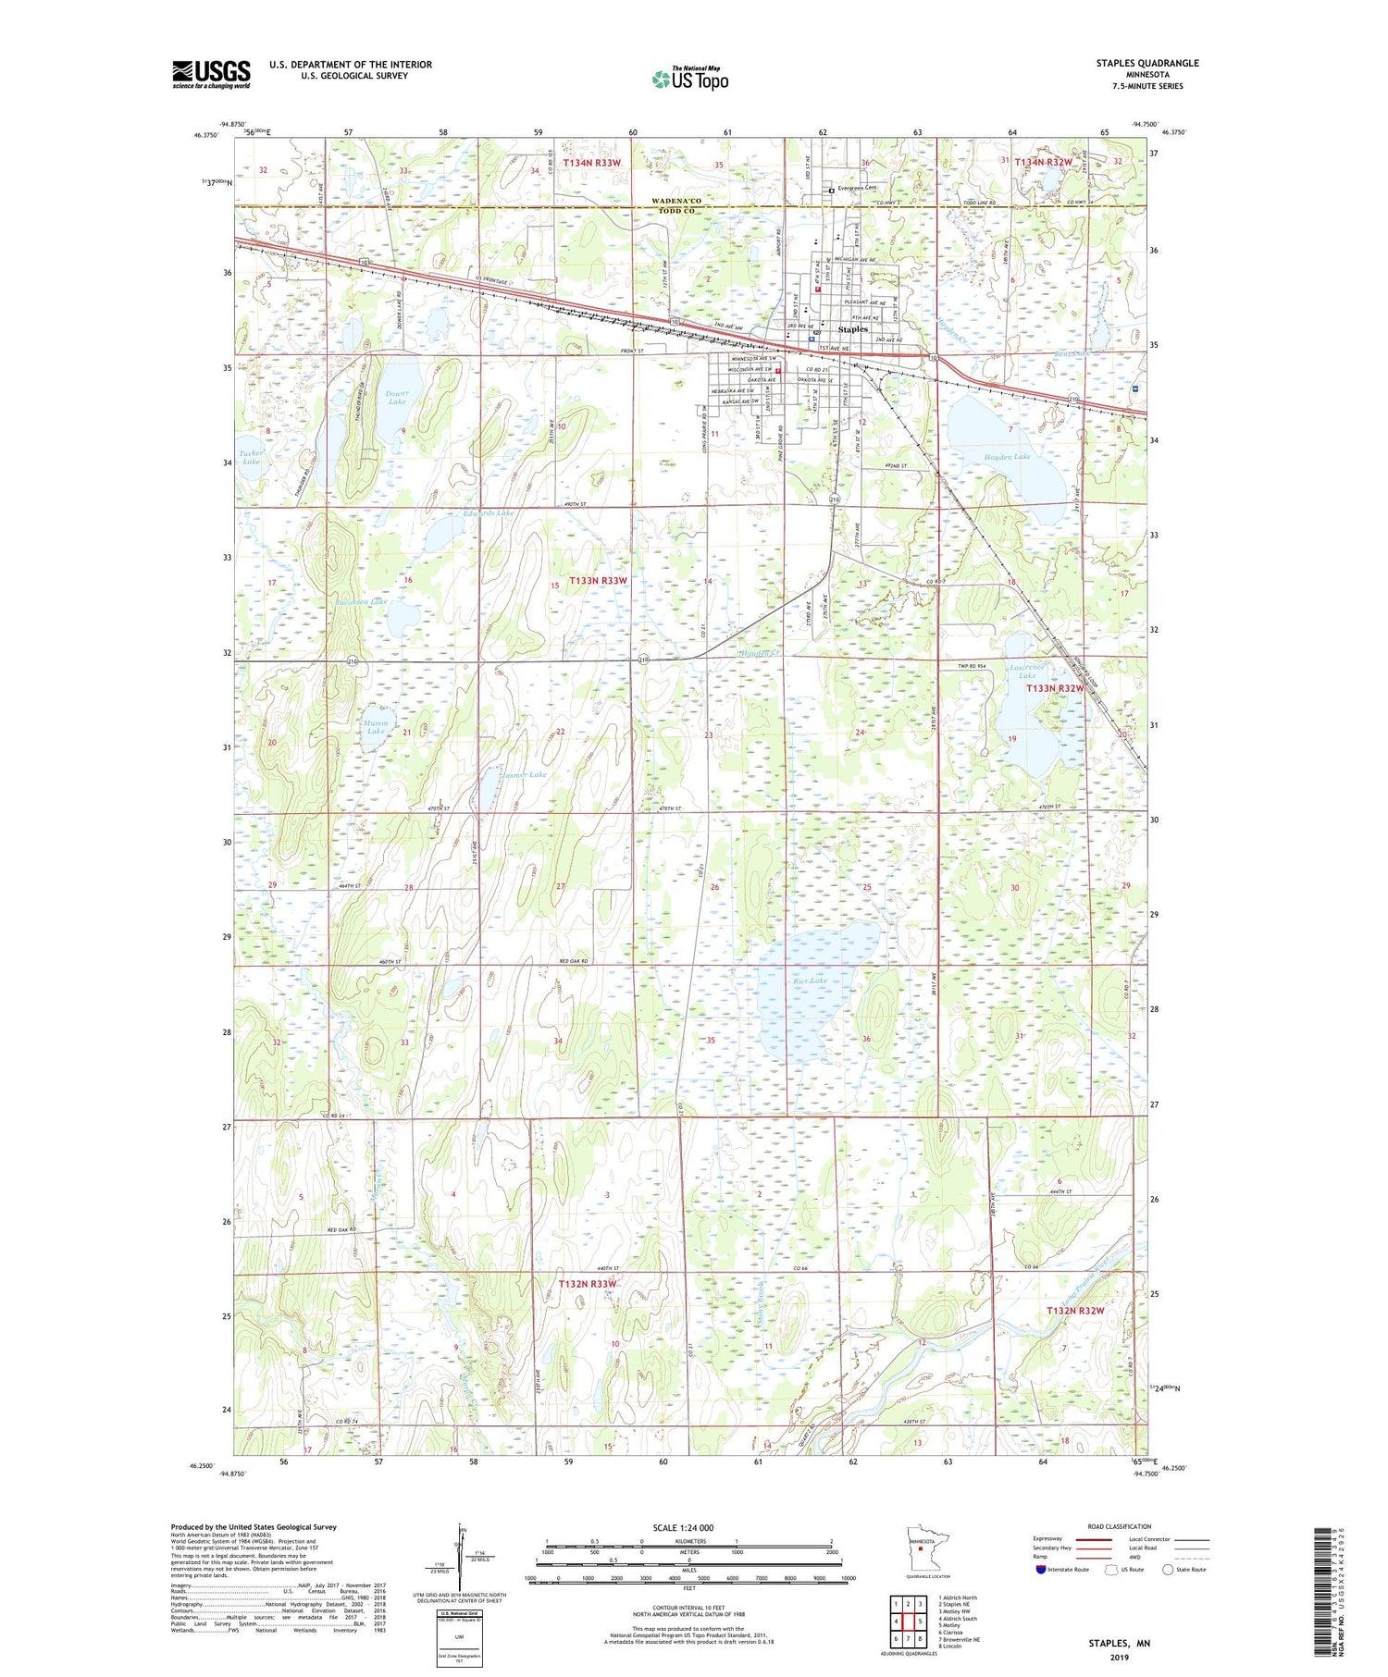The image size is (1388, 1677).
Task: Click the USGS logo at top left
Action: (x=211, y=74)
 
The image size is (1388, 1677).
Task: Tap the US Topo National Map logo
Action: (x=689, y=79)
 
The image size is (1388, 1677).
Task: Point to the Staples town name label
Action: (x=852, y=329)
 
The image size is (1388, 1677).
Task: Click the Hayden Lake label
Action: (x=1007, y=457)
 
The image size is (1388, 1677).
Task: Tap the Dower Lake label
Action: (x=396, y=398)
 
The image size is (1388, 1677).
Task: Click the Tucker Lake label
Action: (x=251, y=457)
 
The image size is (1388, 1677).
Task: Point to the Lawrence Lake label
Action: (x=1027, y=671)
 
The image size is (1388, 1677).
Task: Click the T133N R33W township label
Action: (x=598, y=581)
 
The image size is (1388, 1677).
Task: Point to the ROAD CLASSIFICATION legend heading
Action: (x=1120, y=1526)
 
